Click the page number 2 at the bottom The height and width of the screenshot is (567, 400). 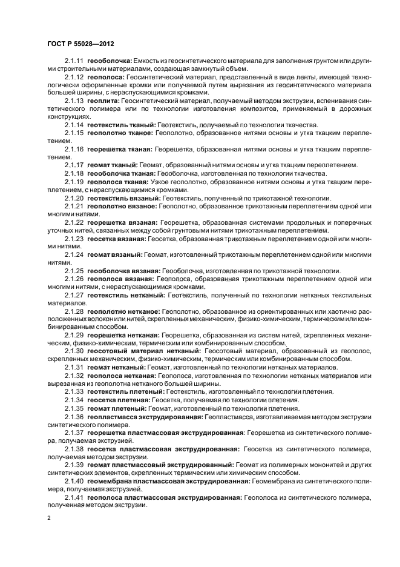pyautogui.click(x=49, y=517)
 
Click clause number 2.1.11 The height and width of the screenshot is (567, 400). pyautogui.click(x=74, y=61)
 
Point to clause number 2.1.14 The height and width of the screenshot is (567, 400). pyautogui.click(x=74, y=123)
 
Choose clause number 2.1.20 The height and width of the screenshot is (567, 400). pyautogui.click(x=74, y=198)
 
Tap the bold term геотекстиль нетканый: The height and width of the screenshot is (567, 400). pyautogui.click(x=126, y=294)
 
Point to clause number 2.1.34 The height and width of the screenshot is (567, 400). pyautogui.click(x=74, y=400)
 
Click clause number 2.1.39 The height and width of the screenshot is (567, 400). pyautogui.click(x=74, y=465)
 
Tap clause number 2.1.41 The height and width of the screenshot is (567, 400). pyautogui.click(x=74, y=497)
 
